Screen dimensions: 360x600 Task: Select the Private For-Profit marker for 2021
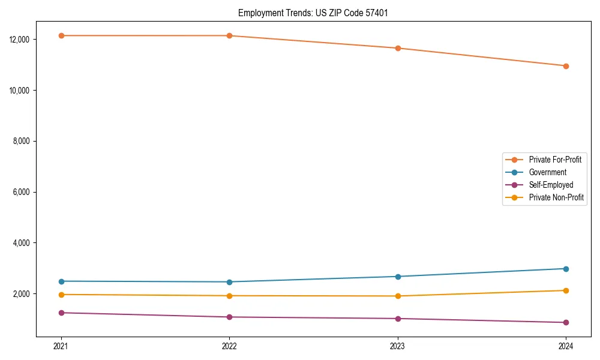pos(61,35)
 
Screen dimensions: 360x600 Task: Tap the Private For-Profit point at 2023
pos(398,48)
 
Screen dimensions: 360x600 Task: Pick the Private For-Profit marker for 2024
pos(566,66)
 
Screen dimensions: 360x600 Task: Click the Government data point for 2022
pos(229,282)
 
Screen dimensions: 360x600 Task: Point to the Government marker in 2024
pos(566,269)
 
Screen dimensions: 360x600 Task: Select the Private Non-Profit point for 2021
pos(61,295)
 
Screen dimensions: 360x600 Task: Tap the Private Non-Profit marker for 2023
pos(398,296)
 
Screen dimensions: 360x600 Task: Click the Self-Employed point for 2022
pos(229,317)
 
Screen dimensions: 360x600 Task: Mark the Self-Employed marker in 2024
pos(566,322)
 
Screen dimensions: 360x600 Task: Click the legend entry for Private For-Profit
pos(555,160)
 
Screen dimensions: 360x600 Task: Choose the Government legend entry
pos(547,172)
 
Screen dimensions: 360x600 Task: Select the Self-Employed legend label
pos(551,185)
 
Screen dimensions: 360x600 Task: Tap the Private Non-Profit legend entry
pos(556,197)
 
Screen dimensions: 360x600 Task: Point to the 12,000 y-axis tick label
pos(19,40)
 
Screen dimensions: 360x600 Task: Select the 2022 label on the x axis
pos(229,346)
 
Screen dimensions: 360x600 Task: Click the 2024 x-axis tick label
pos(566,346)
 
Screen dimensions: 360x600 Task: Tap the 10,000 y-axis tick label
pos(19,90)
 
